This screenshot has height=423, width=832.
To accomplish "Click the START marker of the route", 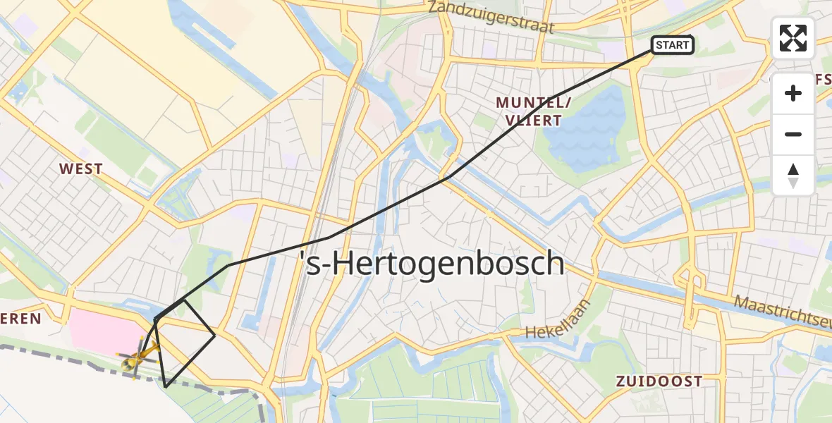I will (x=672, y=46).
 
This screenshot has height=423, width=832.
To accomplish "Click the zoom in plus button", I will (x=793, y=93).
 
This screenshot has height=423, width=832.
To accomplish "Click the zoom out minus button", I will (x=793, y=134).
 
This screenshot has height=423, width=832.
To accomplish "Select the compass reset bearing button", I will (x=793, y=176).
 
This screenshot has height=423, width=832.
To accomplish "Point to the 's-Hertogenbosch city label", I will (x=432, y=264).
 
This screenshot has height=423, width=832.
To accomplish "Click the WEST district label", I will (x=81, y=169).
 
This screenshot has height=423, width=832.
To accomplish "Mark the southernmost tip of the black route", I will (x=165, y=387).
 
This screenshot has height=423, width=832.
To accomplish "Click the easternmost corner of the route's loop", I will (x=214, y=336).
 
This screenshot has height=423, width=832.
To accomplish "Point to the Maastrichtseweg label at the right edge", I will (x=783, y=312).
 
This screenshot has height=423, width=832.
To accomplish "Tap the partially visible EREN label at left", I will (x=21, y=319).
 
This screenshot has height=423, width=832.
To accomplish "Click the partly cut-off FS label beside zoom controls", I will (x=823, y=80).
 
